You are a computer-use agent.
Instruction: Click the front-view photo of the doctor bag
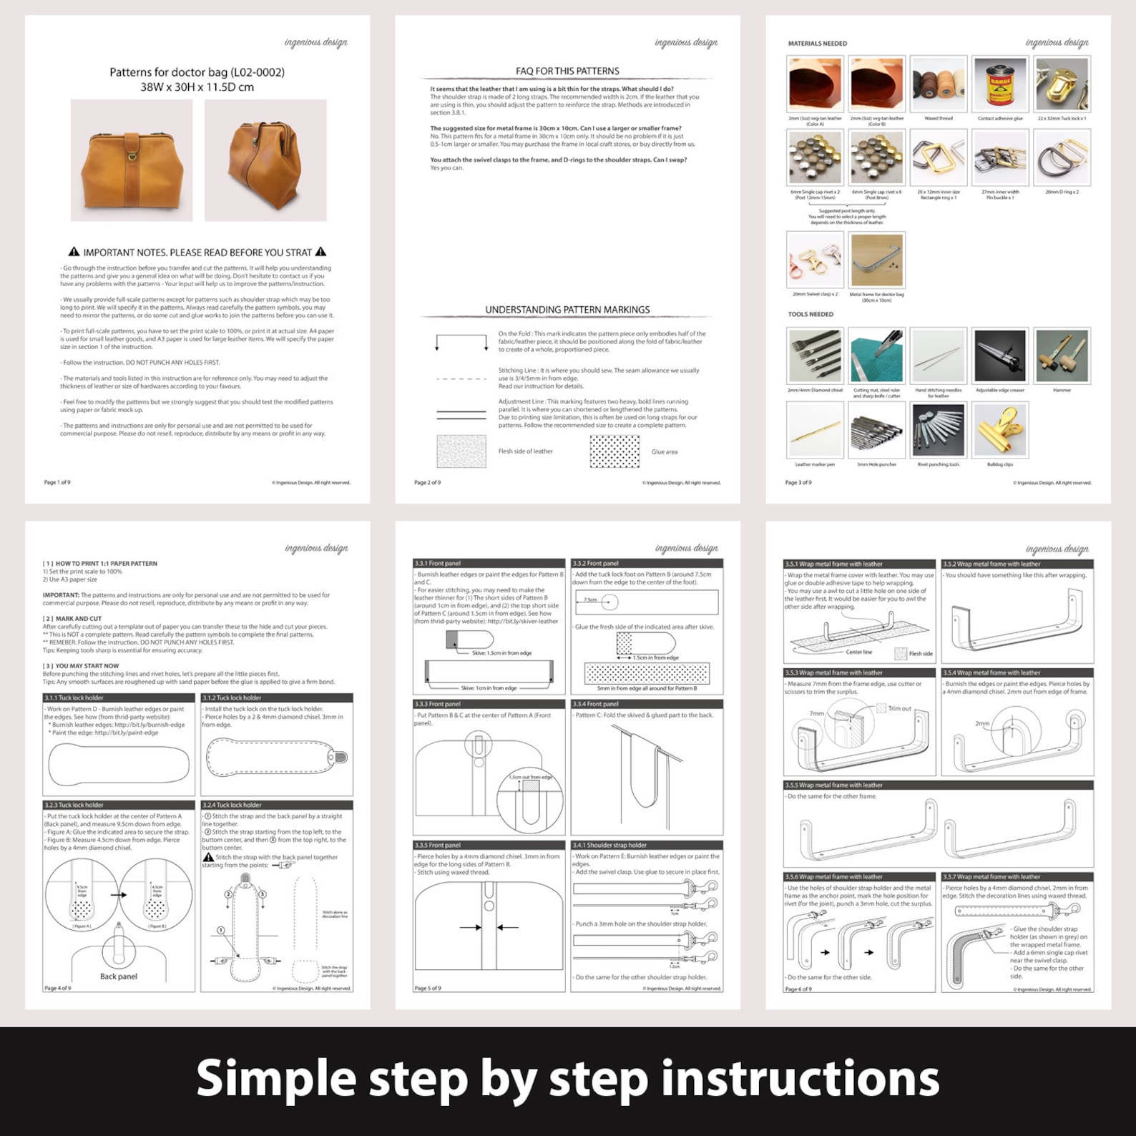click(x=132, y=160)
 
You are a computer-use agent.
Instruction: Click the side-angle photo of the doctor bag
click(x=265, y=160)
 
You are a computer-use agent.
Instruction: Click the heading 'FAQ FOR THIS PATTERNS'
click(x=567, y=71)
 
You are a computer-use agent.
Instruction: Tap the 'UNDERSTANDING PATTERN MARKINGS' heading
click(x=567, y=310)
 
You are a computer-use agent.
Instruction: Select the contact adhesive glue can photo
click(x=1000, y=84)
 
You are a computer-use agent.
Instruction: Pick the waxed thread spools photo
click(x=938, y=84)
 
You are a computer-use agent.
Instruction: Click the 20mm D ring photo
click(x=1062, y=157)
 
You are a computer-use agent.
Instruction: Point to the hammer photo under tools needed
click(x=1062, y=356)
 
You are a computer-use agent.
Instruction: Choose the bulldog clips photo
click(x=1000, y=429)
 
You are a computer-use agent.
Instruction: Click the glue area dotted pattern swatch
click(x=614, y=451)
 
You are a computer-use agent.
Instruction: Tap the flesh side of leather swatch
click(x=461, y=451)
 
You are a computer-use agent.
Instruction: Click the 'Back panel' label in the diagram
click(x=119, y=976)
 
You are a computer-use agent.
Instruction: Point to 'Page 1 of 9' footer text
click(x=57, y=482)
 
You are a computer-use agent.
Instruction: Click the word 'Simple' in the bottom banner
click(x=276, y=1079)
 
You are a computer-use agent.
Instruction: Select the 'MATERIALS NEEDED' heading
click(x=817, y=44)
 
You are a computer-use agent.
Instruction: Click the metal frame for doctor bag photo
click(x=876, y=260)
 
